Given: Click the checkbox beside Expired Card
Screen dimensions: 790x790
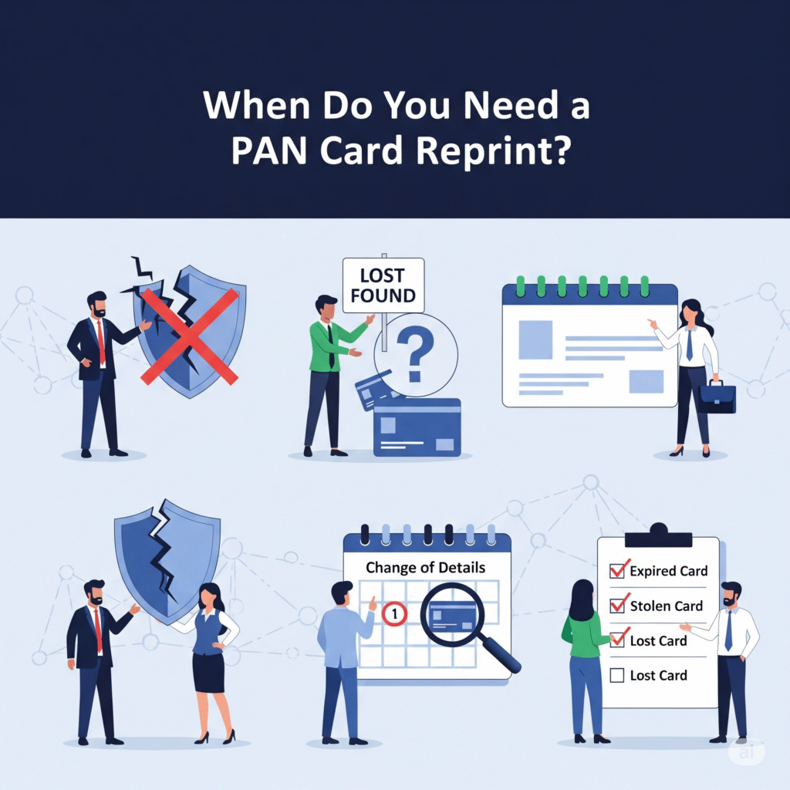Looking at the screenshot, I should point(617,571).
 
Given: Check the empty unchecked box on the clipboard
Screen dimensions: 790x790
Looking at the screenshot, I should point(617,676).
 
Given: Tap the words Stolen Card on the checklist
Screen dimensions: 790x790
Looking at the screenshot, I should point(666,606).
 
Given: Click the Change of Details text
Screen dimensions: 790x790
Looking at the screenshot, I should point(425,568).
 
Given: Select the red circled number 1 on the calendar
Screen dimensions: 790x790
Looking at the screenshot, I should point(394,615).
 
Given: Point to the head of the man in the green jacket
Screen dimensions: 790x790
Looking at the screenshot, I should point(326,307).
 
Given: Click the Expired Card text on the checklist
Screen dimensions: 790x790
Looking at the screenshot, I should point(668,572).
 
